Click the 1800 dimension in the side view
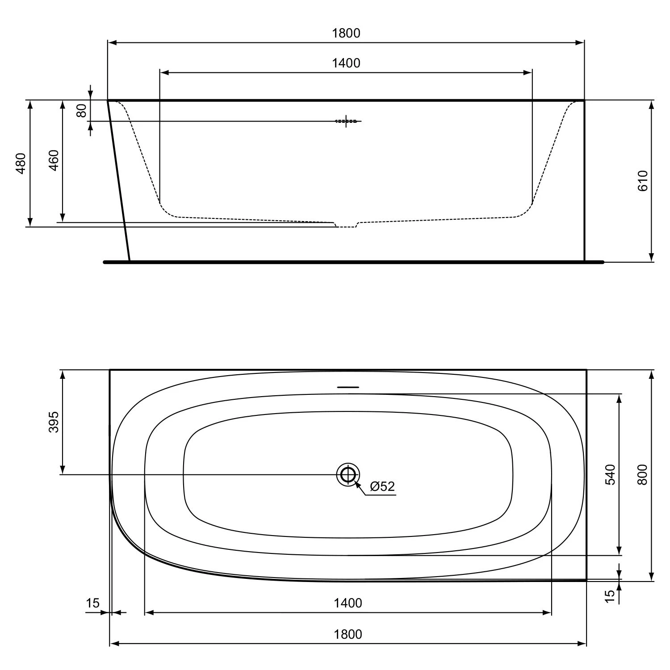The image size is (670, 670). pyautogui.click(x=346, y=33)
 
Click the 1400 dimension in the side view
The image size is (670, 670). pyautogui.click(x=346, y=63)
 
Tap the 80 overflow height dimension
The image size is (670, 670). pyautogui.click(x=82, y=110)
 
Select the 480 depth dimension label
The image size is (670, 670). pyautogui.click(x=21, y=163)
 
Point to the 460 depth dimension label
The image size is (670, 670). pyautogui.click(x=54, y=160)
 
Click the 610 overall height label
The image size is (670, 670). pyautogui.click(x=642, y=181)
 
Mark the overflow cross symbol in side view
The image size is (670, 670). pyautogui.click(x=347, y=121)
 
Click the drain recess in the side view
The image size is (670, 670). pyautogui.click(x=346, y=225)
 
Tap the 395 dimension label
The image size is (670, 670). pyautogui.click(x=54, y=422)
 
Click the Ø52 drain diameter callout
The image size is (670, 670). pyautogui.click(x=382, y=486)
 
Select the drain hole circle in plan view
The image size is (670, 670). pyautogui.click(x=348, y=474)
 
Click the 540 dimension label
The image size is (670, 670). pyautogui.click(x=611, y=474)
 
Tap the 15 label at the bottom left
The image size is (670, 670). pyautogui.click(x=92, y=603)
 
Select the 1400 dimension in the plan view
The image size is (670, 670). pyautogui.click(x=348, y=603)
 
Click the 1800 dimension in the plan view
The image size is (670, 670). pyautogui.click(x=348, y=634)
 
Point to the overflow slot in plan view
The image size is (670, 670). pyautogui.click(x=348, y=387)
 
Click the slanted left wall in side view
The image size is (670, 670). pyautogui.click(x=119, y=181)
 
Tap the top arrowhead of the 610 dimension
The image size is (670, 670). pyautogui.click(x=651, y=105)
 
